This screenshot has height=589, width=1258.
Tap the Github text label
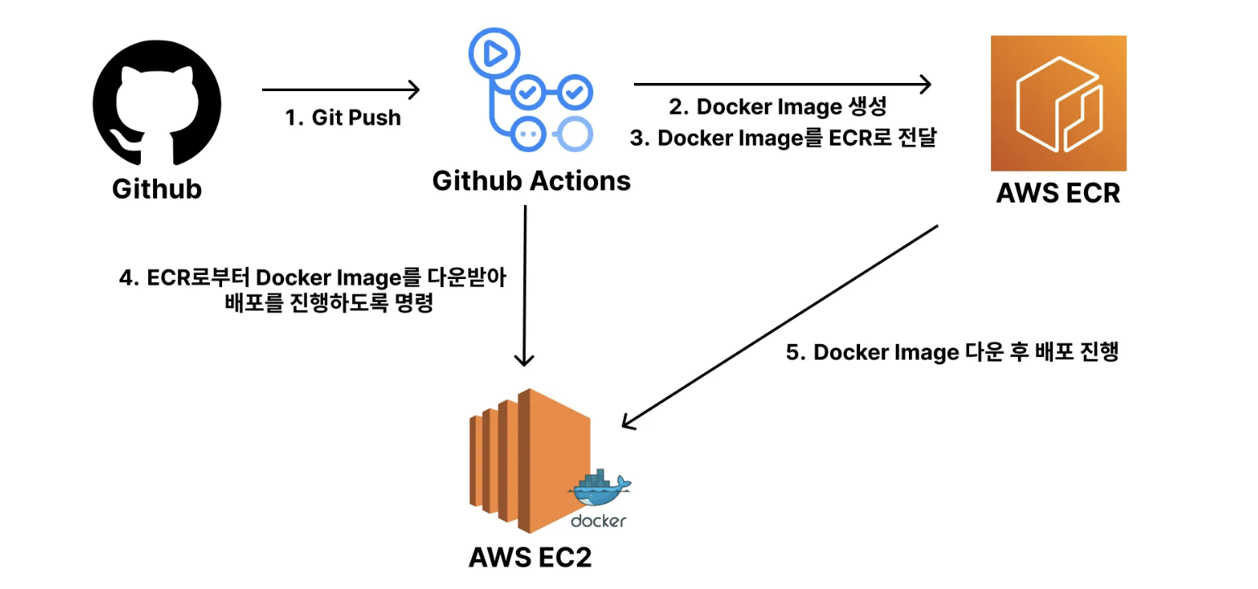click(156, 189)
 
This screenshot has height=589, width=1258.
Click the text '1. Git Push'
click(343, 118)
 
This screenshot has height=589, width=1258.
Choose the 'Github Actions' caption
click(531, 180)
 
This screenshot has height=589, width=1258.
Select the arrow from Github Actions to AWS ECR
click(781, 83)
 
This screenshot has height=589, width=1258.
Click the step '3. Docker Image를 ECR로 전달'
click(784, 138)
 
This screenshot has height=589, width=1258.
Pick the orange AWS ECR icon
click(1057, 103)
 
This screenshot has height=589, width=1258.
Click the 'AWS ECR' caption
click(1057, 194)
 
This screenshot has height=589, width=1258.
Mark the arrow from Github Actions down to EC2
click(526, 285)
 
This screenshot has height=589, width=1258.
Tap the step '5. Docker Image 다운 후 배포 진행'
click(953, 353)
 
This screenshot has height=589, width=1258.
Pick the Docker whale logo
click(601, 488)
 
